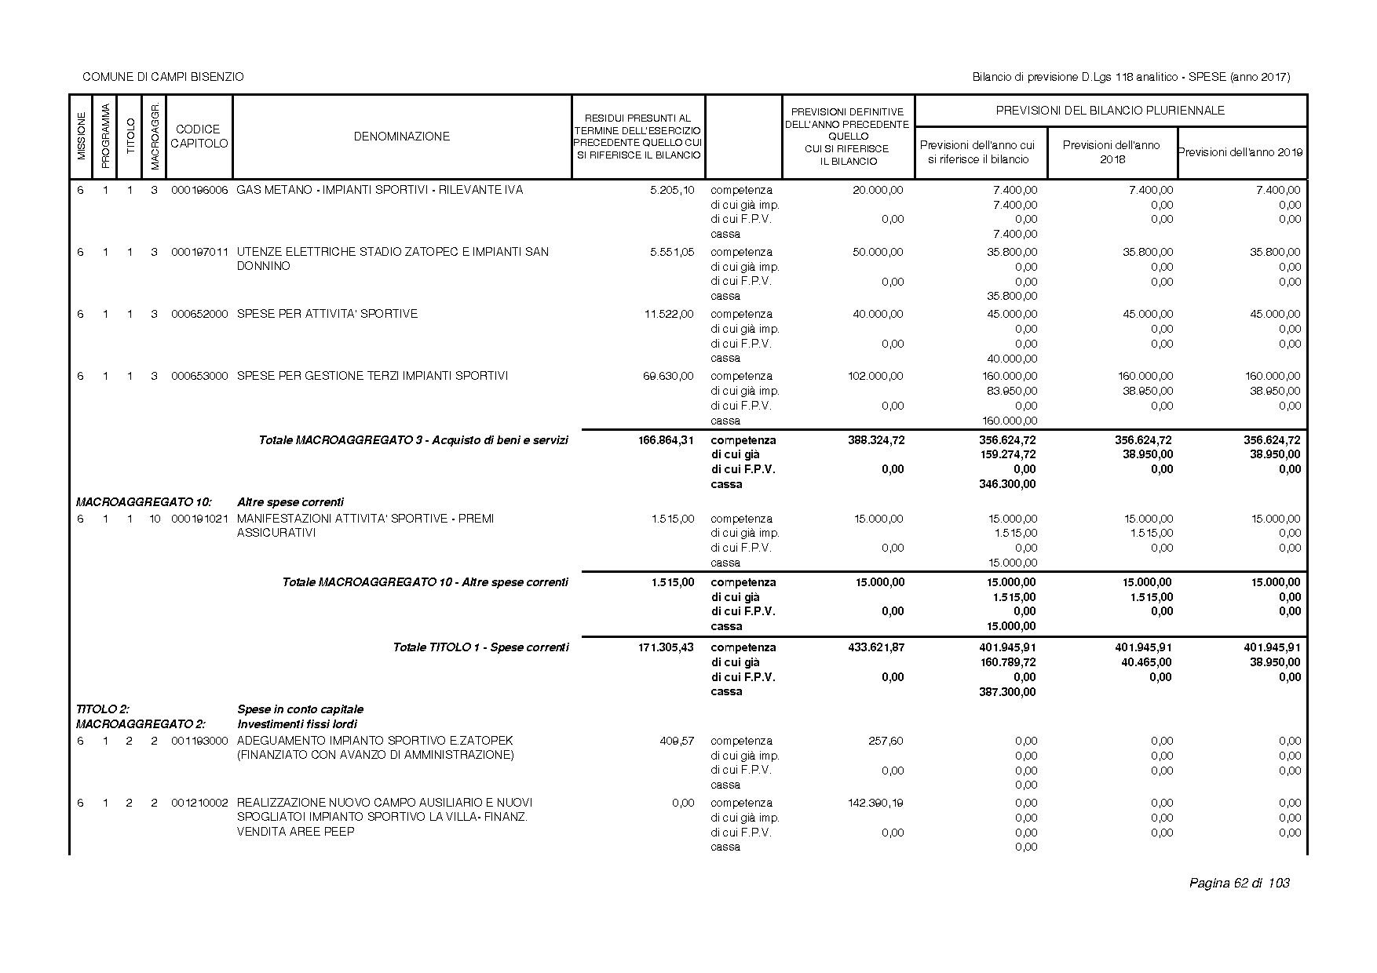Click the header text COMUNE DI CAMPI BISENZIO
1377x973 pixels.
point(163,77)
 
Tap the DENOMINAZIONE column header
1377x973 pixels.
point(401,137)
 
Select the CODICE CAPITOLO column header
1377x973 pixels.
point(199,137)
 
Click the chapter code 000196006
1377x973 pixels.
point(199,190)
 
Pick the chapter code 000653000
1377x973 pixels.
point(199,376)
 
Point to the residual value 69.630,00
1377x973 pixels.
point(668,376)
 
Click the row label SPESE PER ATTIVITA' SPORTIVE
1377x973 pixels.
point(327,314)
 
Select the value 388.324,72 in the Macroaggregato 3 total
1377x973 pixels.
point(876,440)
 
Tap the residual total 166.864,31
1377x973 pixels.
point(666,440)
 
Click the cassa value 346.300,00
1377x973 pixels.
point(1008,484)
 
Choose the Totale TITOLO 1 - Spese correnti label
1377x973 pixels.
point(480,647)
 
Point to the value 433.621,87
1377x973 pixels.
point(876,647)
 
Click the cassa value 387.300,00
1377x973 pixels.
point(1008,692)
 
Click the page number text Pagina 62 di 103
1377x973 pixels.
point(1239,884)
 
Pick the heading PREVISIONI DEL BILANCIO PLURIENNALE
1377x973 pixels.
point(1110,111)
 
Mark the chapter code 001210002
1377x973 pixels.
point(199,803)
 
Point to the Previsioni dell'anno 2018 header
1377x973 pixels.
point(1112,152)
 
